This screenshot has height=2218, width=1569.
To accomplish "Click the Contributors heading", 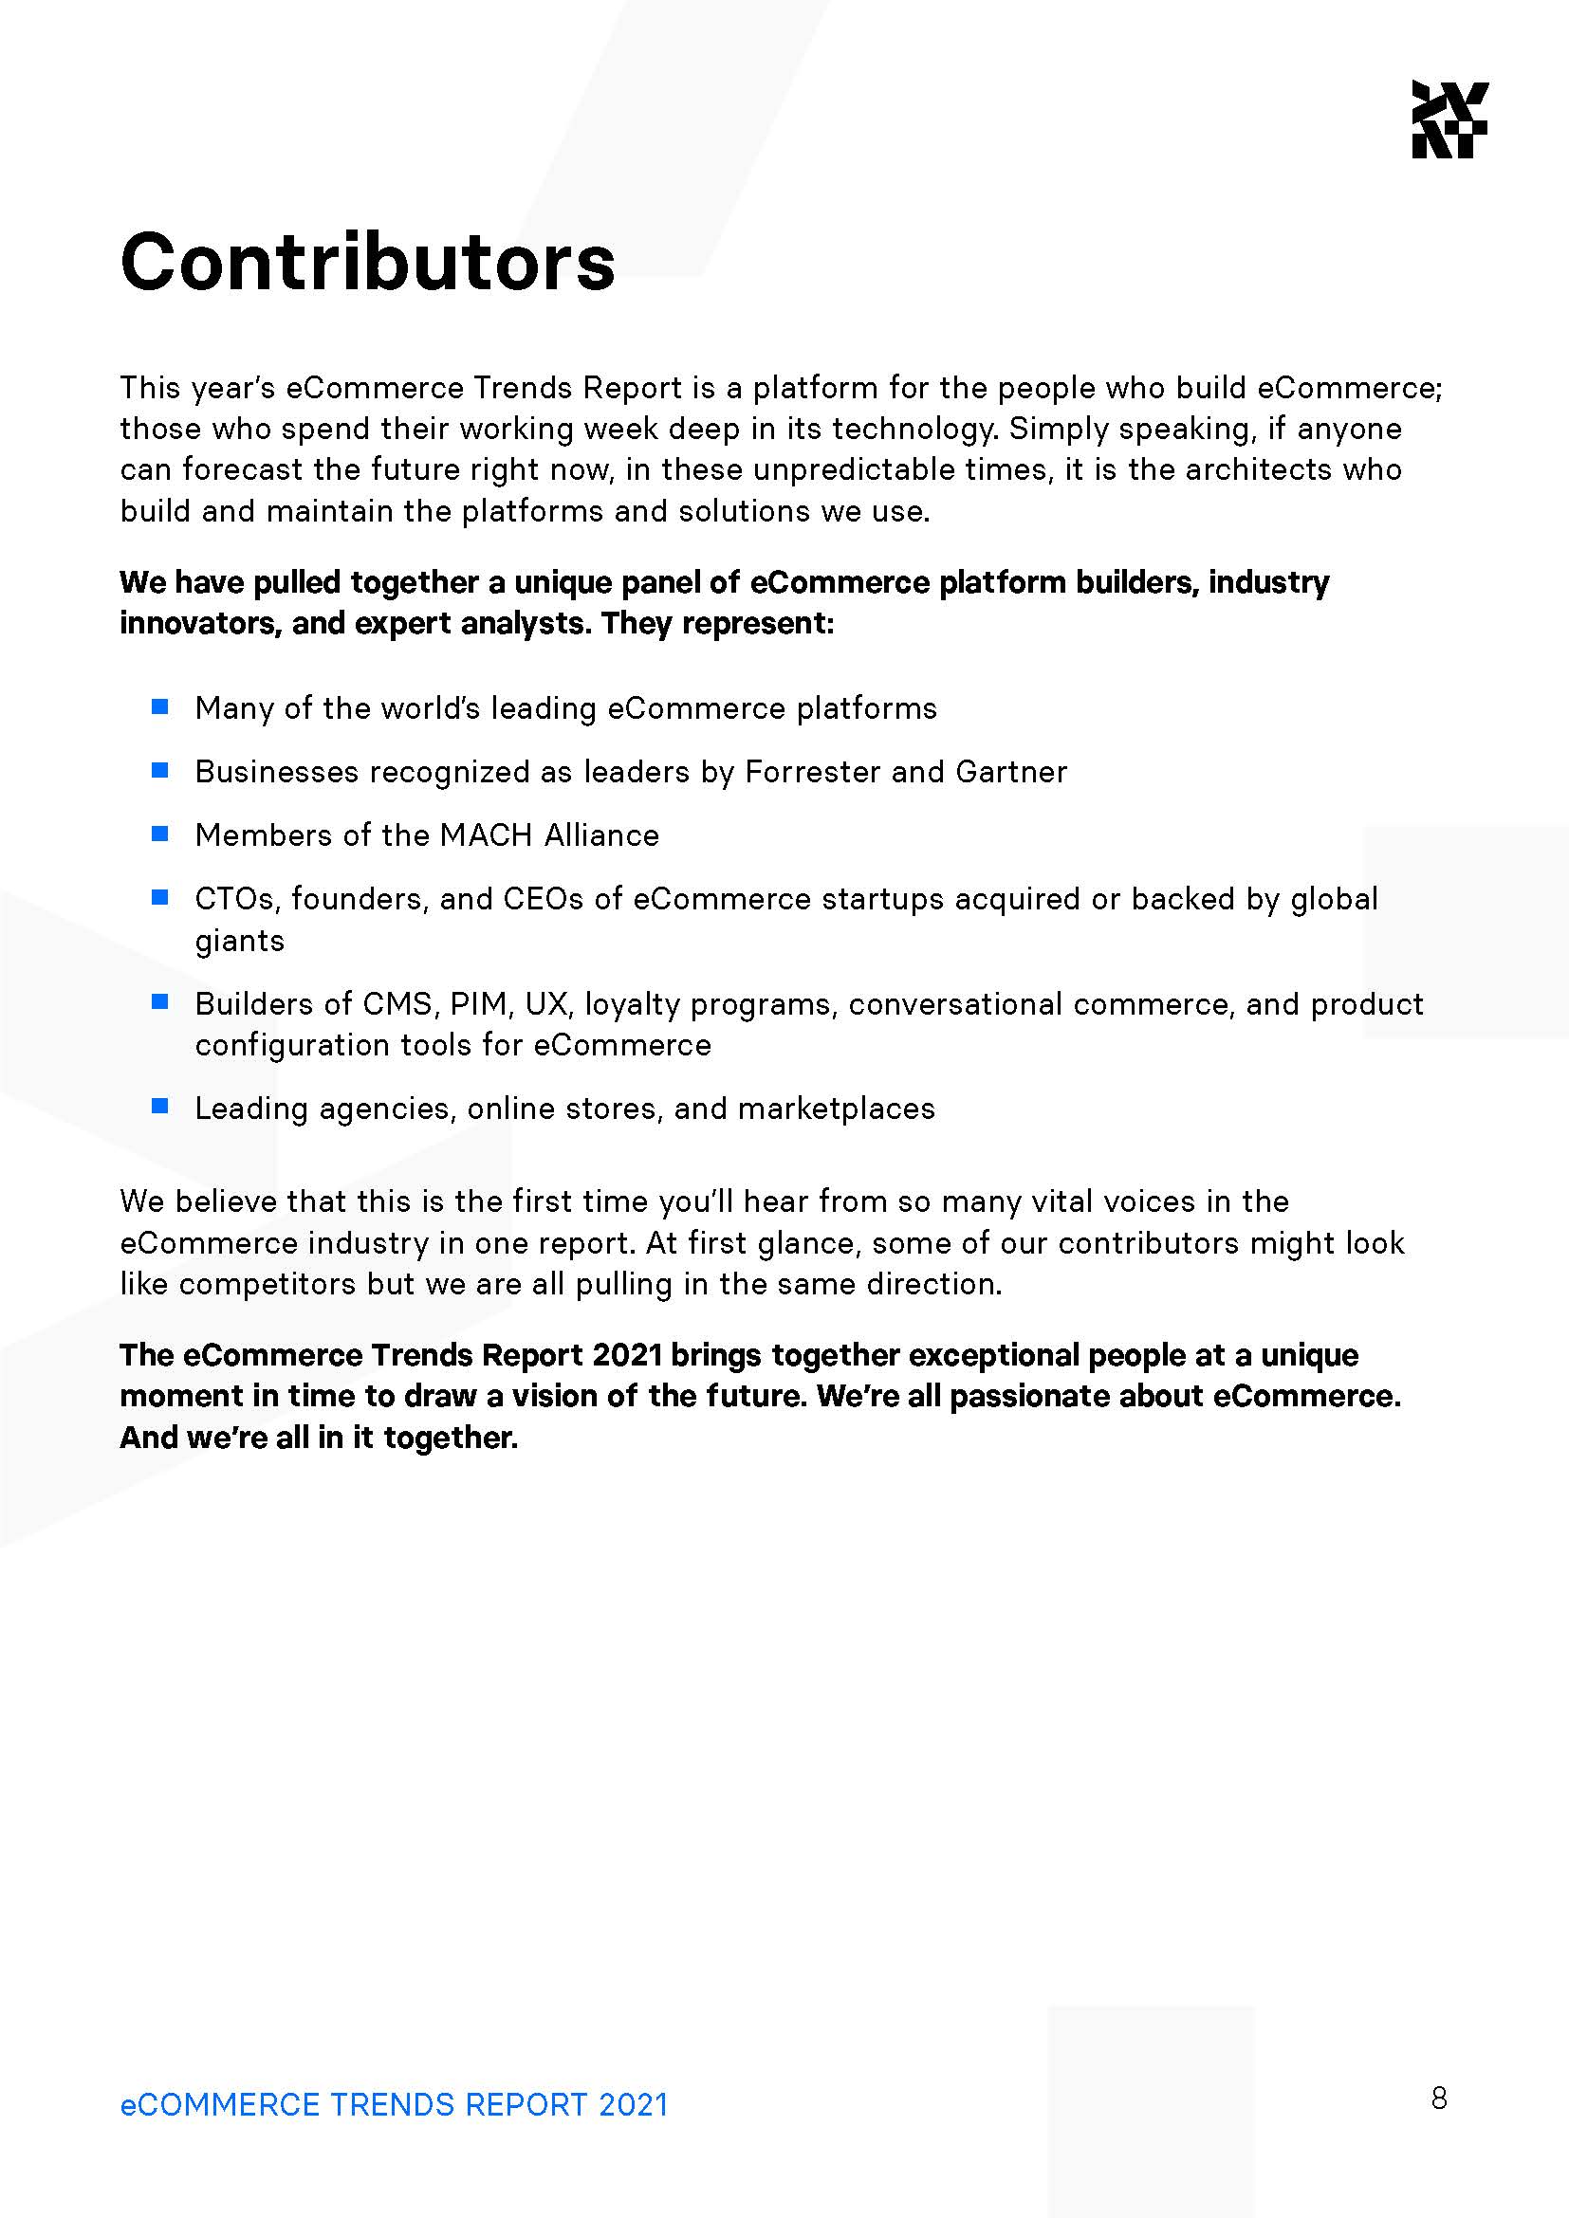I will (x=367, y=262).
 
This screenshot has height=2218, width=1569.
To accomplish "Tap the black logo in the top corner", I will (x=1449, y=119).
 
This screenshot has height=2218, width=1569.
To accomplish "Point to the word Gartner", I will (x=1010, y=772).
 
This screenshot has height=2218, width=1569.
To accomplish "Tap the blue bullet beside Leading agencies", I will (x=160, y=1106).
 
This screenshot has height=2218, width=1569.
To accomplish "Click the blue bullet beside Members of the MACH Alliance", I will (x=160, y=834).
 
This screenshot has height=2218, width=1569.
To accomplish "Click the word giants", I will (x=240, y=941).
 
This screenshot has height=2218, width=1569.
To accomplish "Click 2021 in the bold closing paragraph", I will (x=627, y=1355).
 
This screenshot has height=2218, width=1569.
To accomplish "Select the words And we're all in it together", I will (x=319, y=1438).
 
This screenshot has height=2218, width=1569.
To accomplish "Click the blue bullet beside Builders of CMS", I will (x=160, y=1002).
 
